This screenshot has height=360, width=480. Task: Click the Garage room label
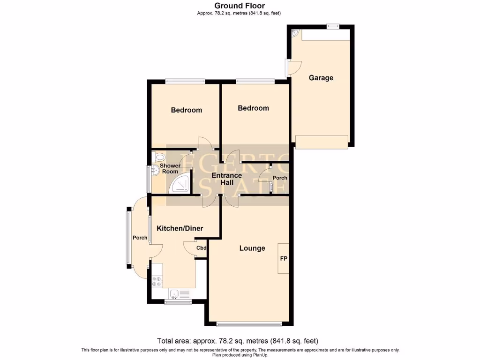pyautogui.click(x=321, y=78)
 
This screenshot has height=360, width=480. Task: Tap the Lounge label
pyautogui.click(x=252, y=248)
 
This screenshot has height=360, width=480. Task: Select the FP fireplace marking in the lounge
pyautogui.click(x=284, y=258)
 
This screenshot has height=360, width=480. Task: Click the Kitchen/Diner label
pyautogui.click(x=180, y=228)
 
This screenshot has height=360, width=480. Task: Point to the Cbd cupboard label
pyautogui.click(x=202, y=248)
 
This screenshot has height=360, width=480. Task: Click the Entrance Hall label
pyautogui.click(x=227, y=179)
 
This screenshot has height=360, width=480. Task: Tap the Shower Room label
pyautogui.click(x=170, y=169)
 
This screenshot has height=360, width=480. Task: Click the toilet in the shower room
pyautogui.click(x=158, y=157)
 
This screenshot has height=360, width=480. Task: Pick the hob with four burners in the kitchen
pyautogui.click(x=157, y=281)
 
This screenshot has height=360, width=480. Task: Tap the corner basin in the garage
pyautogui.click(x=295, y=33)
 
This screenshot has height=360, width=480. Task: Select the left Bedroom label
pyautogui.click(x=187, y=110)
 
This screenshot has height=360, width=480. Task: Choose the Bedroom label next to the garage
pyautogui.click(x=254, y=108)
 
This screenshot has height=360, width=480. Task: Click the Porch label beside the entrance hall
pyautogui.click(x=280, y=178)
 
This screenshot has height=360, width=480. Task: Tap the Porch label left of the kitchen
pyautogui.click(x=140, y=238)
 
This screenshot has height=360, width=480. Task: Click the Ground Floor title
pyautogui.click(x=240, y=6)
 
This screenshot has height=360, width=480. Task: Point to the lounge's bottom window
pyautogui.click(x=250, y=323)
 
